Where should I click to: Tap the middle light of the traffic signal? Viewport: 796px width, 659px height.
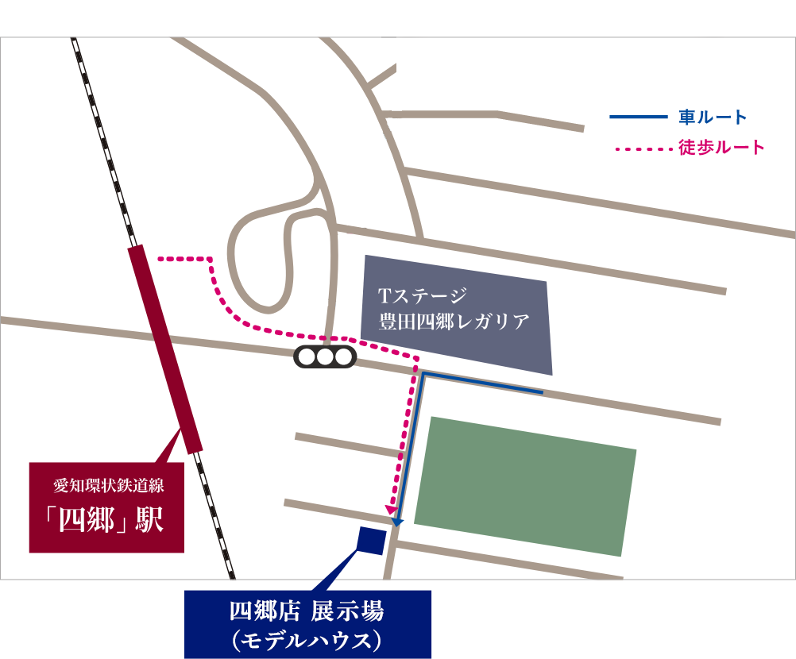(326, 357)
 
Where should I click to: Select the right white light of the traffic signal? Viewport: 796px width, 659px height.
(342, 357)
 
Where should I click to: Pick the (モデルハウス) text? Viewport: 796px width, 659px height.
(307, 640)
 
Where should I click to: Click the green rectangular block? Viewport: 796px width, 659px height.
(524, 484)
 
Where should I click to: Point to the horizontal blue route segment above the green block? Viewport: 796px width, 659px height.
(481, 382)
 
